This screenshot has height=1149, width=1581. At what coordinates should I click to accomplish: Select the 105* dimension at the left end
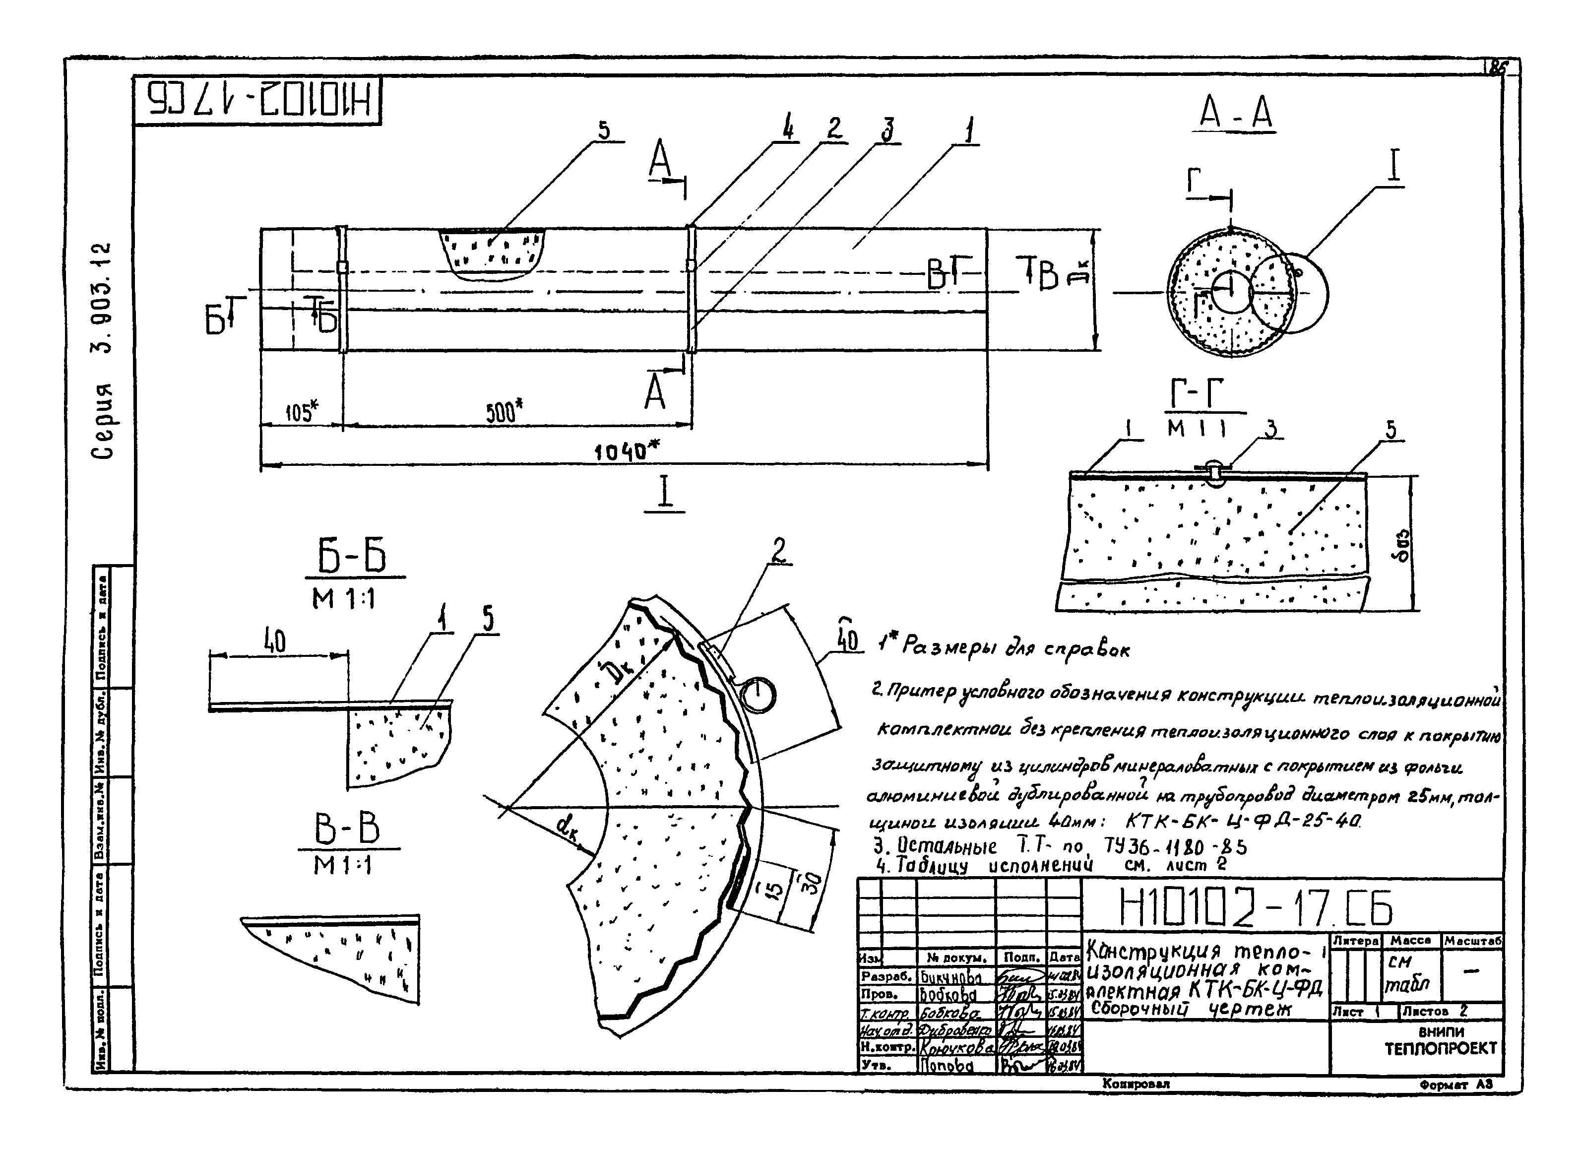301,412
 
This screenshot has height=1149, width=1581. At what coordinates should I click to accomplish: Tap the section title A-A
1236,114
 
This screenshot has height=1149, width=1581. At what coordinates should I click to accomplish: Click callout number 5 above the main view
604,130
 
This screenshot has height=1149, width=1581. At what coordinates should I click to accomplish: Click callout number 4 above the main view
788,129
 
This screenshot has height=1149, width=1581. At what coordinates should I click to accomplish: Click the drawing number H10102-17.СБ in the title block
1255,908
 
